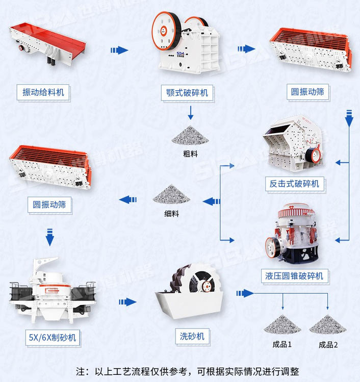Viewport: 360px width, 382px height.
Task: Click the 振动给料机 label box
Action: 43,92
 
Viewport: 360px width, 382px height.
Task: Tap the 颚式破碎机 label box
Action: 187,92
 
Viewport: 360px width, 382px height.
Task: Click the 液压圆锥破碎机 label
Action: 294,276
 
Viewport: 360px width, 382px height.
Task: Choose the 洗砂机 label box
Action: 192,337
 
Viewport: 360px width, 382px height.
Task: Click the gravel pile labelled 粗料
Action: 190,135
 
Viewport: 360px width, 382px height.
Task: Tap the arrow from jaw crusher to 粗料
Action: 190,112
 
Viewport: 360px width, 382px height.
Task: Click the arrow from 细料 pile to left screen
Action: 127,199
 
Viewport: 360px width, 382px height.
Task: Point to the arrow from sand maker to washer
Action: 127,302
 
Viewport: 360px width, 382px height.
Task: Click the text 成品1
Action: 281,345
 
